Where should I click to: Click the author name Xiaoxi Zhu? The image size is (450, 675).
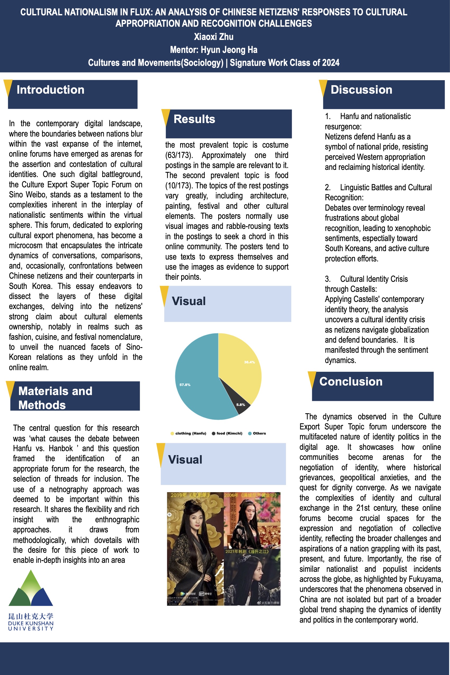pos(213,37)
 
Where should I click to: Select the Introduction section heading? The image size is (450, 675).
pos(51,90)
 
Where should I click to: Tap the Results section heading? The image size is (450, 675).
pos(194,119)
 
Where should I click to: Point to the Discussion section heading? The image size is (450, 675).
pos(361,90)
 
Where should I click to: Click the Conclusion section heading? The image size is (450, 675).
pos(351,382)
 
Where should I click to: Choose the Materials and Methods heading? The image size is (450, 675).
pos(55,398)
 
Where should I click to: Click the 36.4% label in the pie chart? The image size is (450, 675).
pos(249,362)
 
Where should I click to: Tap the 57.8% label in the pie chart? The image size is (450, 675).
pos(185,384)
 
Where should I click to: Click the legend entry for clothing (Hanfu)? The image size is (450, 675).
pos(190,433)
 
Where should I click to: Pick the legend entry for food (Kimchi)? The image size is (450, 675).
pos(229,433)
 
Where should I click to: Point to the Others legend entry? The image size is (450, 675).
pos(259,433)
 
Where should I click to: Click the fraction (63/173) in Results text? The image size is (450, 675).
pos(178,155)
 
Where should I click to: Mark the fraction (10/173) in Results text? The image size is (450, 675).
pos(178,186)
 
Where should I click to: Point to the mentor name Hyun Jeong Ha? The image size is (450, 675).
pos(229,50)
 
